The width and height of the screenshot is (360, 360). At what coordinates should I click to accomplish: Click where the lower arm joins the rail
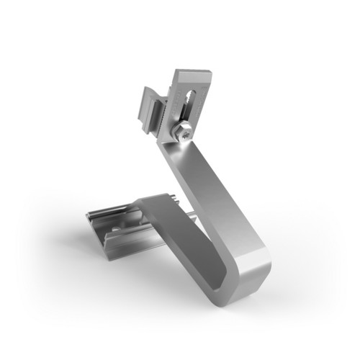click(x=144, y=216)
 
